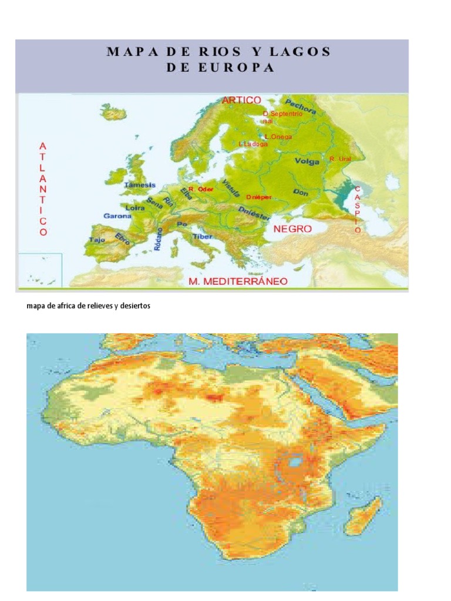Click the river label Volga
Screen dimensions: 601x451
click(x=307, y=161)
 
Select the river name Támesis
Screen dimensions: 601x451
click(x=140, y=185)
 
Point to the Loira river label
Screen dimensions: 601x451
click(x=136, y=207)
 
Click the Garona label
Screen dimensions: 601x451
click(x=117, y=216)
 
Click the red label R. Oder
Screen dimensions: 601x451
click(x=201, y=190)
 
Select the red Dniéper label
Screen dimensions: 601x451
click(x=259, y=197)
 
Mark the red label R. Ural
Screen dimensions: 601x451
click(x=340, y=158)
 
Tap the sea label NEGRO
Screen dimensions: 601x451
click(x=292, y=229)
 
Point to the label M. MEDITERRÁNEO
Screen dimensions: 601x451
click(x=238, y=281)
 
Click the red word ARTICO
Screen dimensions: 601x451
click(x=241, y=100)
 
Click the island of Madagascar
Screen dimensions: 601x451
click(x=364, y=515)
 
